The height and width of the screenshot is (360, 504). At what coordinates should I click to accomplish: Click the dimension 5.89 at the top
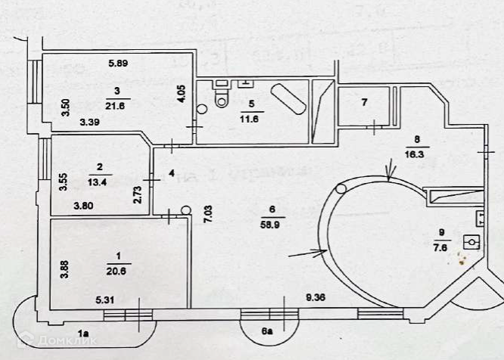(117, 63)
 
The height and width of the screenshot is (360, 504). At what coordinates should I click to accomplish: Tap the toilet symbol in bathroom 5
(222, 96)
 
